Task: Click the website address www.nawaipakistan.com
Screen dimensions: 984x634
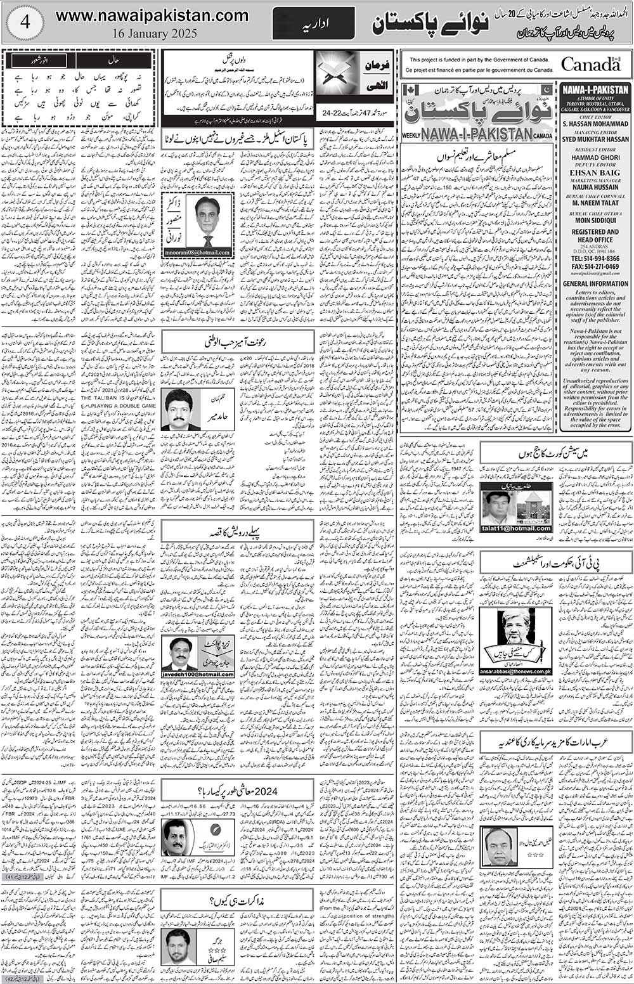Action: tap(152, 15)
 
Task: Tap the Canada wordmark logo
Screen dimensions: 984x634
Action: tap(590, 65)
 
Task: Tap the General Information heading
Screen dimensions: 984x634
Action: tap(595, 284)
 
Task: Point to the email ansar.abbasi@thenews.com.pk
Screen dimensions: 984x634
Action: tap(515, 671)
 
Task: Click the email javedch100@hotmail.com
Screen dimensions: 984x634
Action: tap(198, 674)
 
